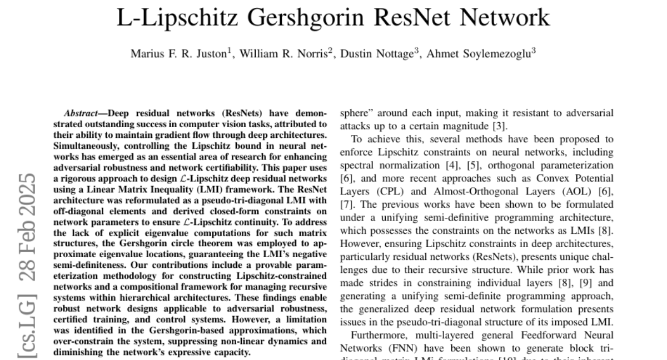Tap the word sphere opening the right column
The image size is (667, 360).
[x=353, y=113]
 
